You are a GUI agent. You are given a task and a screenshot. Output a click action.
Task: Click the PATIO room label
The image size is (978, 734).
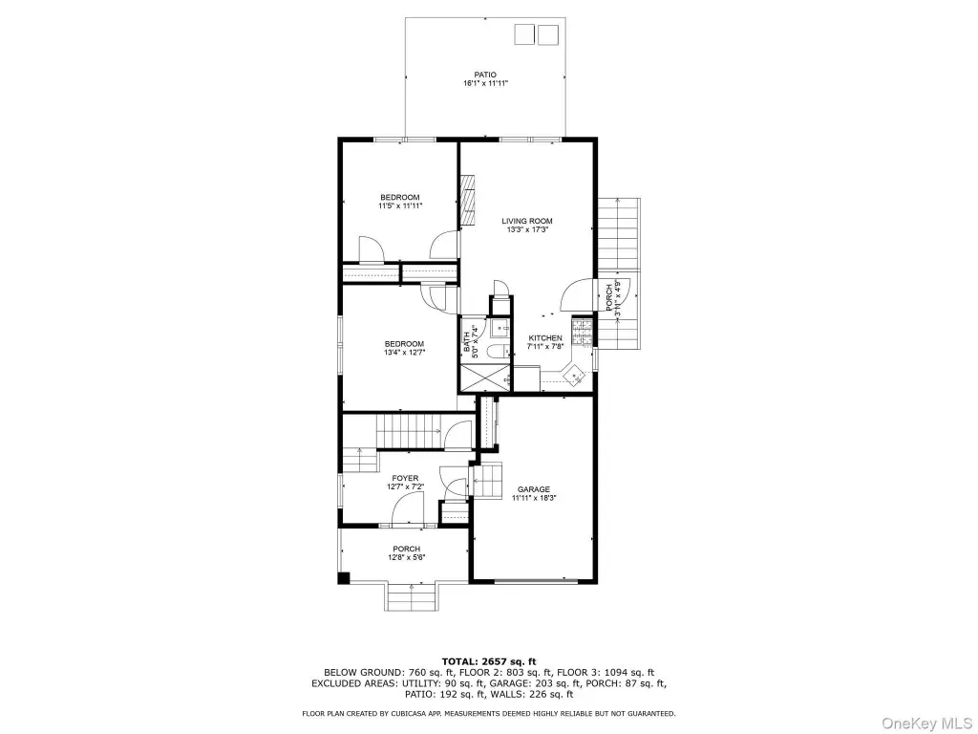484,75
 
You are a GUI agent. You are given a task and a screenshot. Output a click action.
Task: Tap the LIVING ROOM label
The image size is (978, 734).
527,221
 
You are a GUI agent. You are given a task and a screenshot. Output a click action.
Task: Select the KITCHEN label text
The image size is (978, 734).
545,338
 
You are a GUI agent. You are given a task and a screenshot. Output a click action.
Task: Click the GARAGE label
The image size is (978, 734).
534,489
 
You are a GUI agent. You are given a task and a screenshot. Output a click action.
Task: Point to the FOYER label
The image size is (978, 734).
405,478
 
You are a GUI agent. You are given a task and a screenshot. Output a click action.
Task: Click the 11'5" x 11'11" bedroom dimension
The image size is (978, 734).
400,205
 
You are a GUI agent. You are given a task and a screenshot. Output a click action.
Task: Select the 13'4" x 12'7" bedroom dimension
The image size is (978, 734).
404,352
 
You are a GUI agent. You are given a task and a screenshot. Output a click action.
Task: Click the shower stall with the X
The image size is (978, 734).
484,378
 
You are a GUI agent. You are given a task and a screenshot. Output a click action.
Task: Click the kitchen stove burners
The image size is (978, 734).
582,331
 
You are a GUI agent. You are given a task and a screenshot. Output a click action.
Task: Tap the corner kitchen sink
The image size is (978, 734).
574,376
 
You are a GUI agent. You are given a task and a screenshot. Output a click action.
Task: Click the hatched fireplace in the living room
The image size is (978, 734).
467,201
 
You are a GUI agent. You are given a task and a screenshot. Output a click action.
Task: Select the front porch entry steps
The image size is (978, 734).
412,597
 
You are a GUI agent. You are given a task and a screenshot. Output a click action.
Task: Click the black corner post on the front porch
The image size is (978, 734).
344,578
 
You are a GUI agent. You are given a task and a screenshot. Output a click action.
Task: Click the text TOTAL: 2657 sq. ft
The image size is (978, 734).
489,661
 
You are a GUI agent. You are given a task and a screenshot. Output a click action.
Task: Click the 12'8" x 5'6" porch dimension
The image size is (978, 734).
407,557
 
